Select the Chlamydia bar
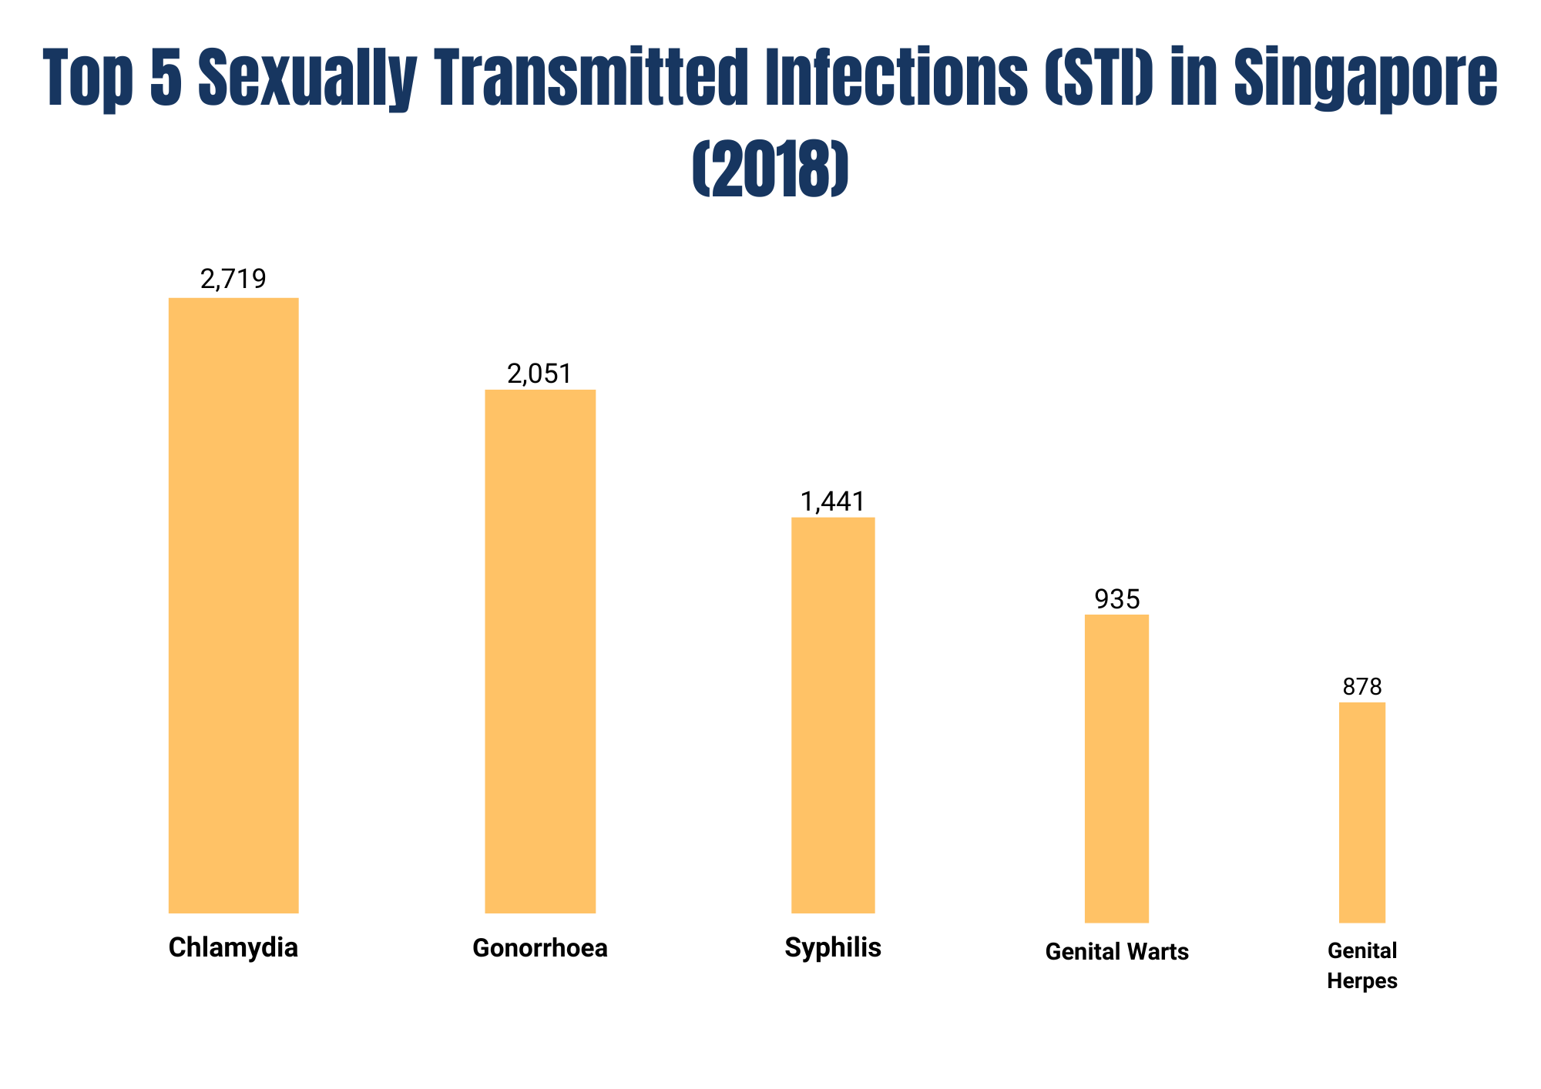233,605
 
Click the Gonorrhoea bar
539,651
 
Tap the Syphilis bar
833,715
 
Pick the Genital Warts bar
1116,768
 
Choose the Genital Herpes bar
1361,812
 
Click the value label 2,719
233,279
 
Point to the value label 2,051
539,374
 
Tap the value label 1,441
833,502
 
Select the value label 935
1116,599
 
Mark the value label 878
1361,686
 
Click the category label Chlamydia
233,947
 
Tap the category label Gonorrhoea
539,948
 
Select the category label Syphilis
833,947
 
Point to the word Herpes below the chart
1361,981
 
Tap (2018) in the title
770,168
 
